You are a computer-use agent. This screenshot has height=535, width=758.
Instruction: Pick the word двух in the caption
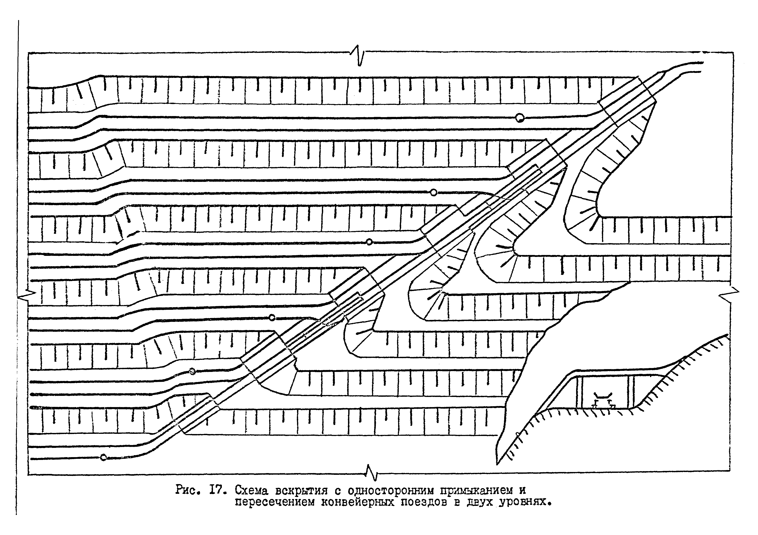[479, 502]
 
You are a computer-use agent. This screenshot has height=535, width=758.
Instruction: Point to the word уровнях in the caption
[522, 502]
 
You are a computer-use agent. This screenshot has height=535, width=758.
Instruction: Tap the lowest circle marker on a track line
[103, 458]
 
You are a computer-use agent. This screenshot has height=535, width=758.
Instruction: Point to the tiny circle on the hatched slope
[517, 434]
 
